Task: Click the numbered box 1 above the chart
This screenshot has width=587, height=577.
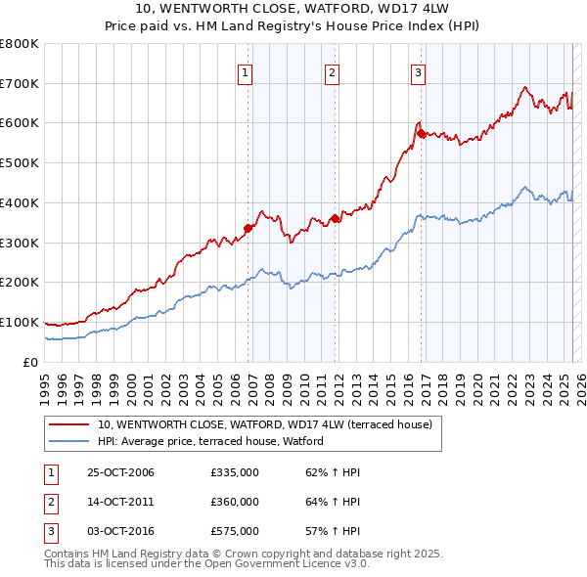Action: coord(244,71)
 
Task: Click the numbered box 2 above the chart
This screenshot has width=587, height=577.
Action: coord(332,71)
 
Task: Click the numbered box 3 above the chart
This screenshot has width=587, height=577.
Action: coord(418,71)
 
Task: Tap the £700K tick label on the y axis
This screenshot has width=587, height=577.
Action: coord(21,83)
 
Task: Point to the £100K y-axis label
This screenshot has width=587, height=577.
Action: coord(21,322)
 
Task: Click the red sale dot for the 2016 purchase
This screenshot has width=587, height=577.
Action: coord(421,132)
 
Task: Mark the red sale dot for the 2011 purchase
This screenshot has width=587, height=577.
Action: coord(335,218)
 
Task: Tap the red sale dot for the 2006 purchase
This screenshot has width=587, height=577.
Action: coord(248,228)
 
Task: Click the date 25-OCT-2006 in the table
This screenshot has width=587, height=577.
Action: coord(120,472)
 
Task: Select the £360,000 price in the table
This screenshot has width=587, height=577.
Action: coord(234,502)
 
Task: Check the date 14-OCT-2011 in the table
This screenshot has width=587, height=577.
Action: coord(120,502)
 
